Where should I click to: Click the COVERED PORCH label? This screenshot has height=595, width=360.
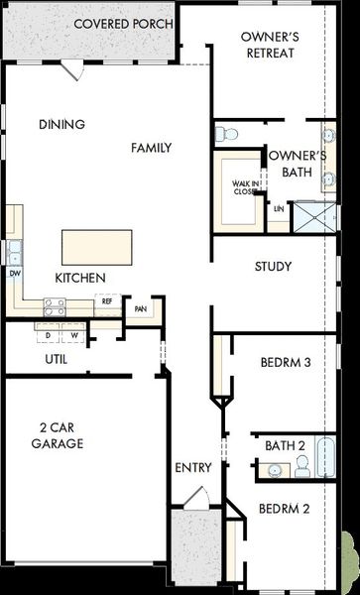(x=123, y=24)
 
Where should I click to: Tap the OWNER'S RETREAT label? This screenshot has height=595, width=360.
(x=269, y=44)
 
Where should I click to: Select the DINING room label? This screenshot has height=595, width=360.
(x=61, y=125)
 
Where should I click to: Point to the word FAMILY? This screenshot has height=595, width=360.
(x=152, y=148)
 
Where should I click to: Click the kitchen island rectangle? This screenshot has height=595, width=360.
(x=97, y=245)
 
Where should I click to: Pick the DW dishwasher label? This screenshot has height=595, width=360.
(x=15, y=272)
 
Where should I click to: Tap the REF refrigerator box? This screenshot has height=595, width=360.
(x=107, y=301)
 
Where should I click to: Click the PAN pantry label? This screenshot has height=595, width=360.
(x=141, y=308)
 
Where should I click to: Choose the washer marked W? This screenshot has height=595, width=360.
(x=73, y=335)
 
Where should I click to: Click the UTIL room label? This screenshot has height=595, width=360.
(x=57, y=359)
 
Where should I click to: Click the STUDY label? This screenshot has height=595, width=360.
(x=272, y=266)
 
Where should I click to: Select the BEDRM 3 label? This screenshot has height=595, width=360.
(x=286, y=362)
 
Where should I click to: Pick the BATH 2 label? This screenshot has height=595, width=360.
(x=285, y=445)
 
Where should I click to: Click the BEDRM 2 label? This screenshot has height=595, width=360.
(x=285, y=509)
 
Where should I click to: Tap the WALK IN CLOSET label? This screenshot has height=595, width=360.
(x=246, y=187)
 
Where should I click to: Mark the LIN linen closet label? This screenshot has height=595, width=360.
(x=279, y=209)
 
